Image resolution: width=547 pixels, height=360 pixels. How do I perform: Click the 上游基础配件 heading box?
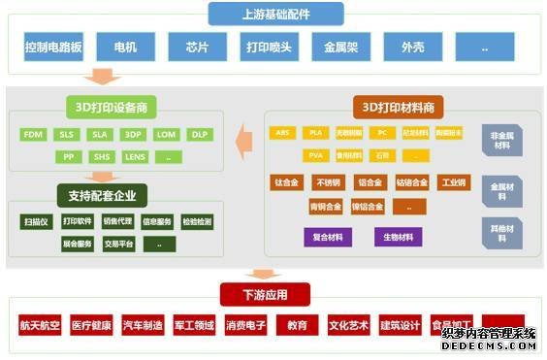pos(278,14)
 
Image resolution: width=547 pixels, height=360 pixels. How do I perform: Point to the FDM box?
pos(33,134)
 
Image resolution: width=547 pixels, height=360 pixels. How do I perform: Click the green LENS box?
pos(135,155)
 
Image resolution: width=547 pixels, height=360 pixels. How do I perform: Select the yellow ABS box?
pos(283,133)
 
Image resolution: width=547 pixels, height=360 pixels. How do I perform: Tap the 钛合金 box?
pos(287,182)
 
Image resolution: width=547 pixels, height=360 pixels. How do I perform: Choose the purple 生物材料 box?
pos(398,237)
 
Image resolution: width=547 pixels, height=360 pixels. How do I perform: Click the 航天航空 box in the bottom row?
pos(40,325)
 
